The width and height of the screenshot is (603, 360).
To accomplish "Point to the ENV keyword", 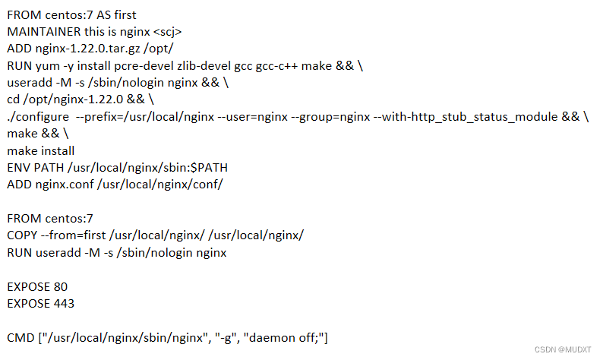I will pyautogui.click(x=18, y=167).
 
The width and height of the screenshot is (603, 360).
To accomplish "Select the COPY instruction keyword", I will pyautogui.click(x=23, y=235).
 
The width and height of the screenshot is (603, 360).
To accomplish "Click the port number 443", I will pyautogui.click(x=64, y=303).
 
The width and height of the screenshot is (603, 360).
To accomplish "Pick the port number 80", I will pyautogui.click(x=61, y=286).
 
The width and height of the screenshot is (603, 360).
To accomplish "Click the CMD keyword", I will pyautogui.click(x=21, y=337).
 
